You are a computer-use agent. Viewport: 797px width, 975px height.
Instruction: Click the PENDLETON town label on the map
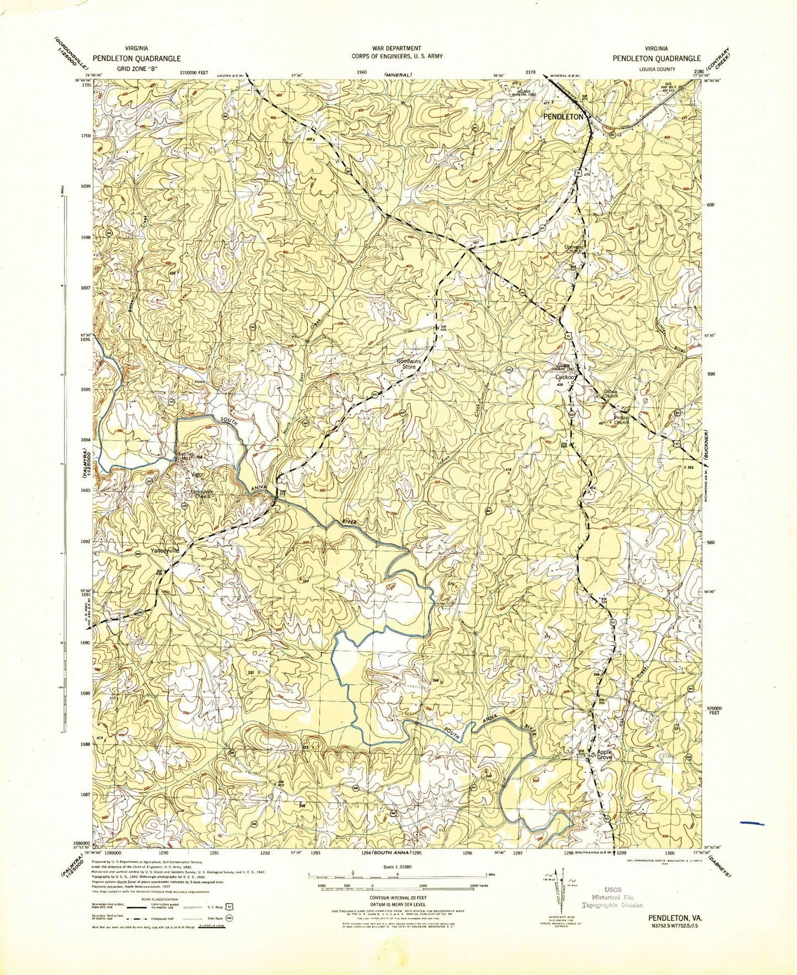click(563, 118)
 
